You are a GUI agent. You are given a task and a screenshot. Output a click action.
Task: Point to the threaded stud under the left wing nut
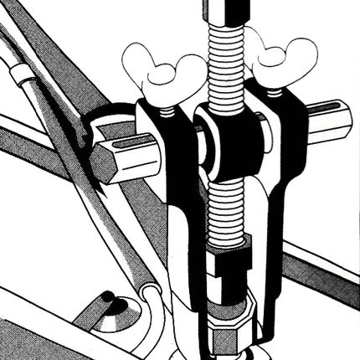click(x=167, y=110)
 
